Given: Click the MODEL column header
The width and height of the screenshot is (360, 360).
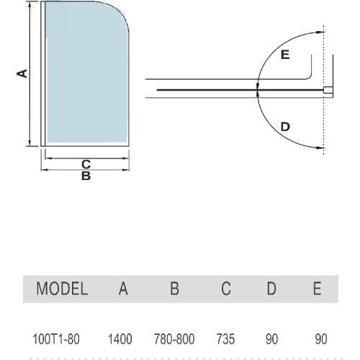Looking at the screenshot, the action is point(62,288).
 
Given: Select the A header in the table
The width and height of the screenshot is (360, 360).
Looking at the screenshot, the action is point(123,288).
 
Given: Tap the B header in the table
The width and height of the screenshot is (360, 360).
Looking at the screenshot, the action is point(174,288).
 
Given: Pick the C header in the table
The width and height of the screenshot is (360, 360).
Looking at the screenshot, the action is point(226,288).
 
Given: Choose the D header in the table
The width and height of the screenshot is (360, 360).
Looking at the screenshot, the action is point(271,288).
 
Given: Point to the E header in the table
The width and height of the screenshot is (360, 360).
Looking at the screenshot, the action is point(318,288).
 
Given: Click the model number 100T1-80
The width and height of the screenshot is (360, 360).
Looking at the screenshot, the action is point(55,339).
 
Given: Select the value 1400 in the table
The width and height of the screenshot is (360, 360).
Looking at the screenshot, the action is point(120,339).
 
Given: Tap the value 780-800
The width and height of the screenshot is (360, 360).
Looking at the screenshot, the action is point(174,339).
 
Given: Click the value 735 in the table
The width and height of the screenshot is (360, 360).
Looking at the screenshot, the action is point(225,339).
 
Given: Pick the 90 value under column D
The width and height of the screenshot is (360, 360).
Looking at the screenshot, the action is point(271,339).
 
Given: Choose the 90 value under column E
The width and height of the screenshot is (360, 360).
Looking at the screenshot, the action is point(321,339).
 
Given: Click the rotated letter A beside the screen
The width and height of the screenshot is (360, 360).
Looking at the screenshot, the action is point(22,73).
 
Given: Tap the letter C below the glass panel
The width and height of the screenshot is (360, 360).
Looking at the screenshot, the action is point(86,164).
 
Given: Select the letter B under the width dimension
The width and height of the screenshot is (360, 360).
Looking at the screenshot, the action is point(86,176).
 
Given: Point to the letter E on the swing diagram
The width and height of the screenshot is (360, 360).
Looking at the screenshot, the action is point(285,55).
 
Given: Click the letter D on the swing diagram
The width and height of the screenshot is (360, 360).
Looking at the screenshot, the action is point(285,127).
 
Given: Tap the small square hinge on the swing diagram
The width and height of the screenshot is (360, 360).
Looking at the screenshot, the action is point(328,90).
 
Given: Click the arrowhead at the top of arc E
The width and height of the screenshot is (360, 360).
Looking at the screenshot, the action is point(320,32).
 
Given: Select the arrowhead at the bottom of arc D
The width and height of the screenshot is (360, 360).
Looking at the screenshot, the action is point(320,148).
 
